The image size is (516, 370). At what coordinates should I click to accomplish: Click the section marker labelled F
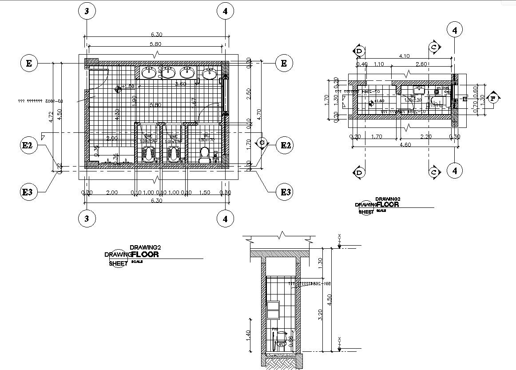tap(493, 98)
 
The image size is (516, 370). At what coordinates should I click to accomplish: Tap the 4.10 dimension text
tap(404, 56)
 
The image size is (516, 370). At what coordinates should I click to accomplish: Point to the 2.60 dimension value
tap(421, 64)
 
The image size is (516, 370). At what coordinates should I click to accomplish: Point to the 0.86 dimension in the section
tap(291, 341)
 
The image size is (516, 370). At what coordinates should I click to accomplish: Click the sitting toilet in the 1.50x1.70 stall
tap(205, 154)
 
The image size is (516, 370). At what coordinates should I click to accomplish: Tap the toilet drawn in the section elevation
tap(281, 344)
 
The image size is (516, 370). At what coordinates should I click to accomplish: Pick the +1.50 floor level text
tap(127, 87)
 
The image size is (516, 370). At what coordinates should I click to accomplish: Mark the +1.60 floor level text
tap(378, 101)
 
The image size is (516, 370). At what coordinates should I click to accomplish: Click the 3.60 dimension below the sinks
tap(180, 84)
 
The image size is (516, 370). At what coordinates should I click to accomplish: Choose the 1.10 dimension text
tap(379, 64)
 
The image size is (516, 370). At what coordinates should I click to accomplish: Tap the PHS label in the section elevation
tap(275, 330)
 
